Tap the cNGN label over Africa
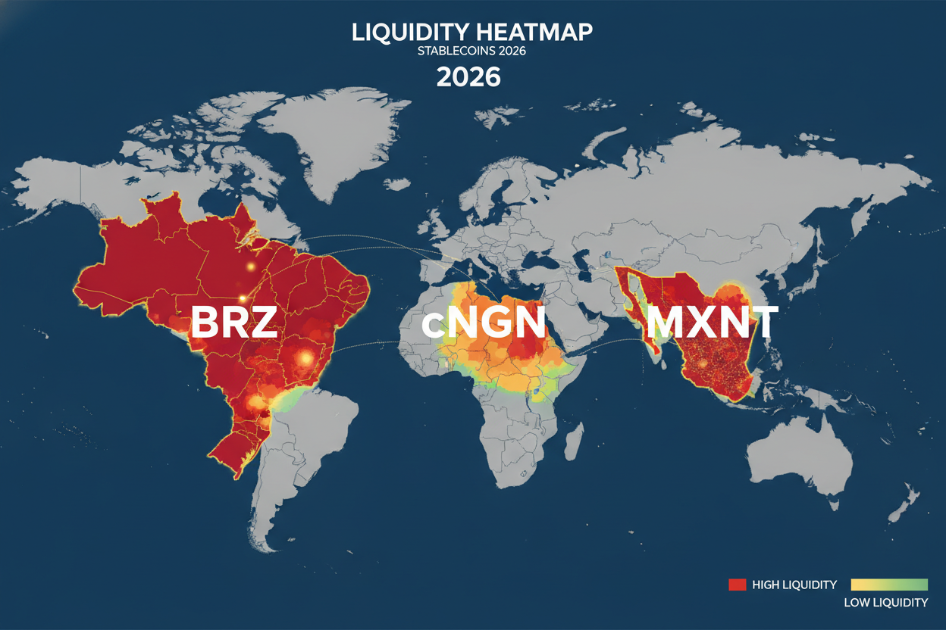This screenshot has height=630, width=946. tap(484, 323)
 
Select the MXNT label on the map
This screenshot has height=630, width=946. tap(710, 323)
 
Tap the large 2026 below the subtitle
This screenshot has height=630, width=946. tap(468, 78)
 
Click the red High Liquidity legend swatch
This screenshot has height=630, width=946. tap(738, 585)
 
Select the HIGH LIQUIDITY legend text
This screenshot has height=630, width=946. tap(794, 585)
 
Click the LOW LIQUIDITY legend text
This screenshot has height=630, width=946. tap(885, 603)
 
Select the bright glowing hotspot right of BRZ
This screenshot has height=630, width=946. tap(306, 355)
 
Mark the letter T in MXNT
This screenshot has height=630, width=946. tap(761, 323)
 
